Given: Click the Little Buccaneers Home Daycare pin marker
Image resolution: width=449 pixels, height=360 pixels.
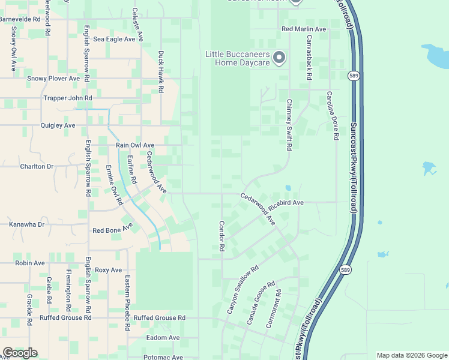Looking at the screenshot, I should pyautogui.click(x=279, y=58).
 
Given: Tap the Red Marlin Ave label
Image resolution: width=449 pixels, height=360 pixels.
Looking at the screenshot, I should pyautogui.click(x=304, y=29).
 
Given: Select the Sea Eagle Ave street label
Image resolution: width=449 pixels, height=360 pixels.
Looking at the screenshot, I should pyautogui.click(x=114, y=39).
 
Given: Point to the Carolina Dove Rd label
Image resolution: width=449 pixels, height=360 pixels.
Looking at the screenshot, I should pyautogui.click(x=330, y=115).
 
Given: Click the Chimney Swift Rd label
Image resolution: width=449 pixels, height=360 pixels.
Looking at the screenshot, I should pyautogui.click(x=289, y=124).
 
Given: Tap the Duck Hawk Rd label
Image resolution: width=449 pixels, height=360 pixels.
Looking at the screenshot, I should pyautogui.click(x=161, y=71).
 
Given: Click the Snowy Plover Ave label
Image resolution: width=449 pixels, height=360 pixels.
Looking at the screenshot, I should pyautogui.click(x=53, y=78).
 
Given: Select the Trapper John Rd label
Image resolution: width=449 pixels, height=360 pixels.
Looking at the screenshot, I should pyautogui.click(x=68, y=98).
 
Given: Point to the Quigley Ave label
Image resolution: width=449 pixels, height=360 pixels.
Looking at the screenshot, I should pyautogui.click(x=58, y=125).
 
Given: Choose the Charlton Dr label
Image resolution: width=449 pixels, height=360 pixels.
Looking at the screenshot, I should pyautogui.click(x=37, y=166).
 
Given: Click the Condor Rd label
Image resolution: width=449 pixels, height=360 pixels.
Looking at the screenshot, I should pyautogui.click(x=221, y=235).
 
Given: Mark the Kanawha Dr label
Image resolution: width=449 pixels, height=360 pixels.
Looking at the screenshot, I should pyautogui.click(x=27, y=224).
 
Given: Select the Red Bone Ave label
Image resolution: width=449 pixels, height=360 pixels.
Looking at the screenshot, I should pyautogui.click(x=112, y=230).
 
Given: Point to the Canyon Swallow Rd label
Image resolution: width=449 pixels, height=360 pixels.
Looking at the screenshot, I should pyautogui.click(x=242, y=290).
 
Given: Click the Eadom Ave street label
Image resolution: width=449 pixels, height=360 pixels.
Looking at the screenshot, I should pyautogui.click(x=163, y=338).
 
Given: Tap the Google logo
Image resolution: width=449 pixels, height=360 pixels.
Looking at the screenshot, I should pyautogui.click(x=20, y=353).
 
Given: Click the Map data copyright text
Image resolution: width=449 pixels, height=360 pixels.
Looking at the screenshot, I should pyautogui.click(x=411, y=355).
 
